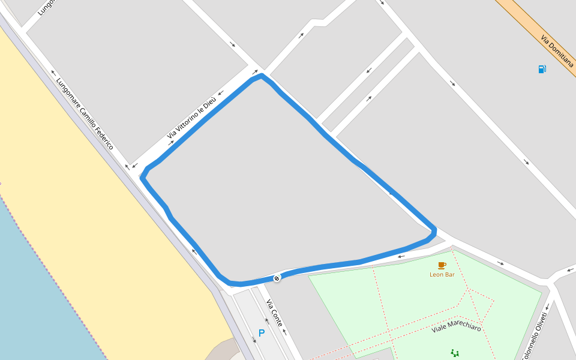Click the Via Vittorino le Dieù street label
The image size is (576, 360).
pos(192,120)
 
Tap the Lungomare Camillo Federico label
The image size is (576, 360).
pos(85,113)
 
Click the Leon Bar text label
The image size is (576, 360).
pos(442,274)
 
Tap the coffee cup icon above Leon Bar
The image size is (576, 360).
pos(442,265)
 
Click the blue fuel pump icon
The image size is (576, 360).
pos(542,69)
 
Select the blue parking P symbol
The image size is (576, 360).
pos(261,333)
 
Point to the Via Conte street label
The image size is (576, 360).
pos(275,313)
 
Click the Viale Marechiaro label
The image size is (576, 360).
pos(457,328)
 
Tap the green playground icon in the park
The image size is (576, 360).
pos(455,353)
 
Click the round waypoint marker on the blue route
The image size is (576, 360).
pos(277,278)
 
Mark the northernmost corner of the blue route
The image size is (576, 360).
pos(262,76)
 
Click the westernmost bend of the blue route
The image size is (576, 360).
pos(142,178)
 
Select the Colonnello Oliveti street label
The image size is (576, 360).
pos(536,336)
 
